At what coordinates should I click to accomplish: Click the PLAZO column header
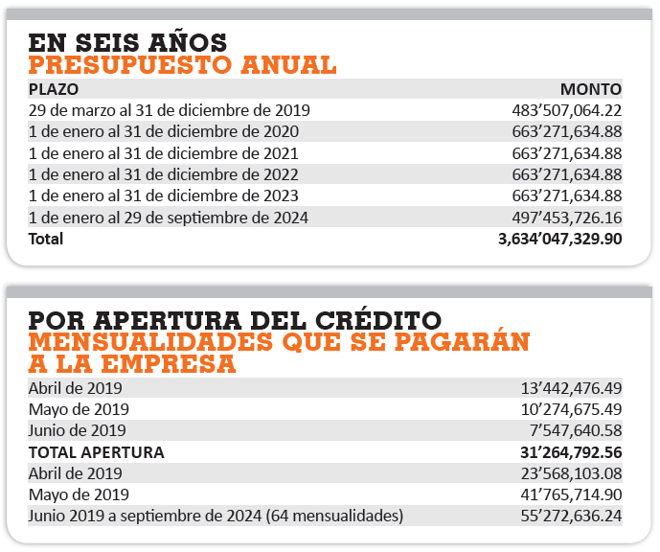54,89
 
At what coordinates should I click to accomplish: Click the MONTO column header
591,89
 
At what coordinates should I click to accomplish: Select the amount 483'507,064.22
566,110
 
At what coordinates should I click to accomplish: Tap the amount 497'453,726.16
566,218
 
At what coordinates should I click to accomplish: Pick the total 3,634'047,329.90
559,239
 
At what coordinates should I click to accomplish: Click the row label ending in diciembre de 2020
163,132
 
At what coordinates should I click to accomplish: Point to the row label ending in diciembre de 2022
163,174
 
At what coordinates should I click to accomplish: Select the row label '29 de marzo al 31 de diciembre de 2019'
170,110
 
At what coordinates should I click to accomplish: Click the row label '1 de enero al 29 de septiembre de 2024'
169,218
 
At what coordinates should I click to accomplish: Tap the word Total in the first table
46,239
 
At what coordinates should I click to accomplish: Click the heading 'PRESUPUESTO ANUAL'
182,65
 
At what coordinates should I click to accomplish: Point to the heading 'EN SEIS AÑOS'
127,42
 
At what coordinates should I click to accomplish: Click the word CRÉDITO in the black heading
378,320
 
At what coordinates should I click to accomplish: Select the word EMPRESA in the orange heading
169,364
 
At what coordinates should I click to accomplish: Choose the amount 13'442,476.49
571,388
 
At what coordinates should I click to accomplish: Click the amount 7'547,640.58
576,430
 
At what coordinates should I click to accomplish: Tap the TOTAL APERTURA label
97,452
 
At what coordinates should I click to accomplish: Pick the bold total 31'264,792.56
571,452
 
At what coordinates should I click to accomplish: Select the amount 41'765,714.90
571,494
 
